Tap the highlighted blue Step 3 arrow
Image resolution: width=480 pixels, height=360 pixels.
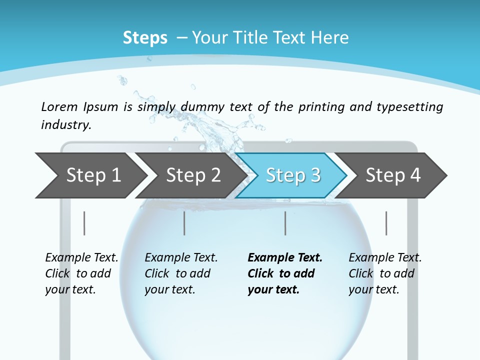point(293,175)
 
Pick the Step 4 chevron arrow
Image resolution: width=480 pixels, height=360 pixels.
point(393,175)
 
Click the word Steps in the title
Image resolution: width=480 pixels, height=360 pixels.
point(145,38)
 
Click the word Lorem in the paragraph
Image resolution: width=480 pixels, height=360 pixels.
point(59,106)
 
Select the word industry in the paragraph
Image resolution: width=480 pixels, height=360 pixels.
point(66,124)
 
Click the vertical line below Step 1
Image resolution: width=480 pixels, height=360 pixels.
point(84,223)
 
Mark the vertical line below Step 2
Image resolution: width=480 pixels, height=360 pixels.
point(184,223)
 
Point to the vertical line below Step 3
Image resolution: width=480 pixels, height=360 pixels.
point(285,223)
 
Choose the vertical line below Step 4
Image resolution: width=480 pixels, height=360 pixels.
point(386,223)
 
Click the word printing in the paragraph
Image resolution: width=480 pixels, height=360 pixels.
point(320,106)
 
